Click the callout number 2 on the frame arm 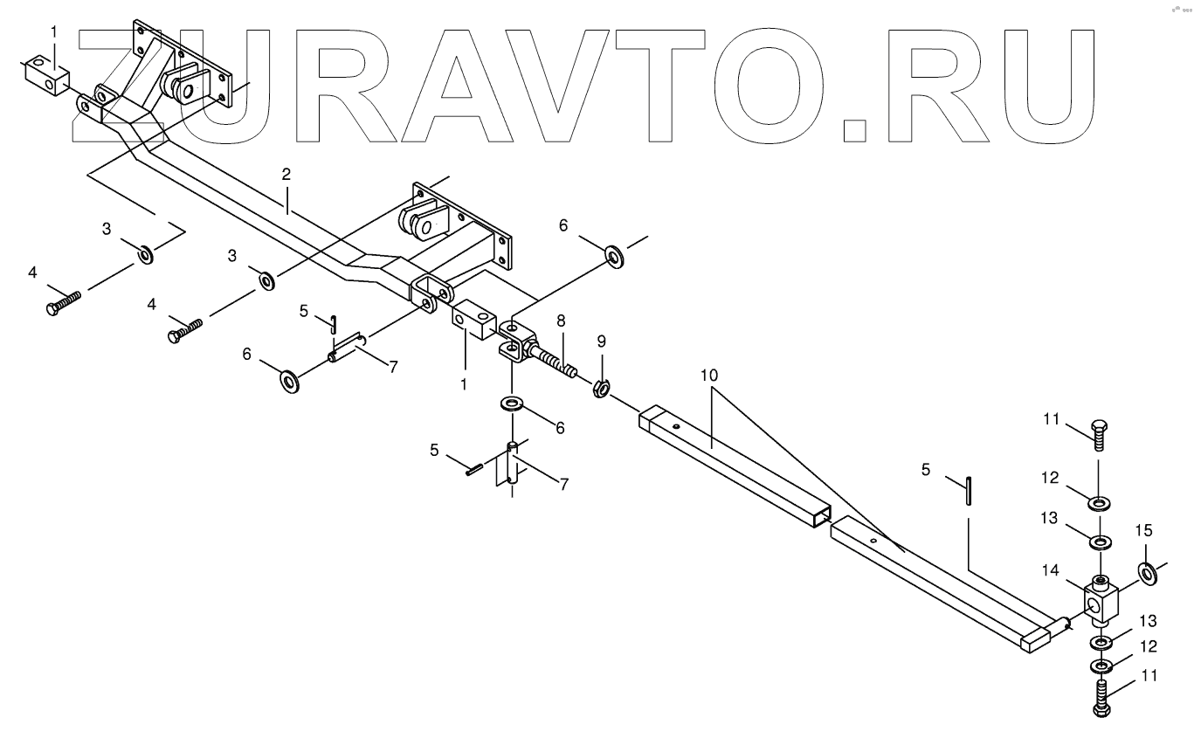(286, 175)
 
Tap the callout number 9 (600, 340)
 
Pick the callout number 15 (1143, 531)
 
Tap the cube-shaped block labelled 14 (1101, 602)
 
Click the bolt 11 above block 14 (1099, 434)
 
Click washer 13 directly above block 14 (1099, 542)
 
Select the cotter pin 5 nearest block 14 (969, 489)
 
